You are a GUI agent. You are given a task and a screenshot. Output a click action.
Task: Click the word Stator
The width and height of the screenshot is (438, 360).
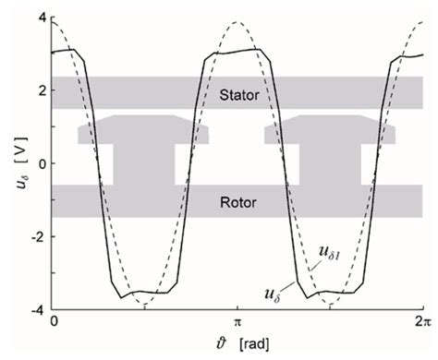pyautogui.click(x=237, y=93)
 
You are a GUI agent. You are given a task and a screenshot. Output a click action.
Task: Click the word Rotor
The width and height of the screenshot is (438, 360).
pyautogui.click(x=237, y=201)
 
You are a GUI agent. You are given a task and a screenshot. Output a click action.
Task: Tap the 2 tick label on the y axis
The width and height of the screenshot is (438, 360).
pyautogui.click(x=41, y=90)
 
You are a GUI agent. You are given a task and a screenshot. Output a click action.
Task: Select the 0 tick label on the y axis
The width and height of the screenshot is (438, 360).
pyautogui.click(x=41, y=163)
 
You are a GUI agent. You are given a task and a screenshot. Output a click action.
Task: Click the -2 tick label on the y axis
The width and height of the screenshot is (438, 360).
pyautogui.click(x=38, y=236)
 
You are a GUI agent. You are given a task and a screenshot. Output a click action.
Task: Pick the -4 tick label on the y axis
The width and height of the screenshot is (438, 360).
pyautogui.click(x=38, y=308)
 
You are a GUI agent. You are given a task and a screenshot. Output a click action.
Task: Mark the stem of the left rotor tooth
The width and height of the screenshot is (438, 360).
pyautogui.click(x=143, y=164)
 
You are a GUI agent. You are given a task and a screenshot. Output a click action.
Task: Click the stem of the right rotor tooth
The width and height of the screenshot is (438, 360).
pyautogui.click(x=331, y=164)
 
